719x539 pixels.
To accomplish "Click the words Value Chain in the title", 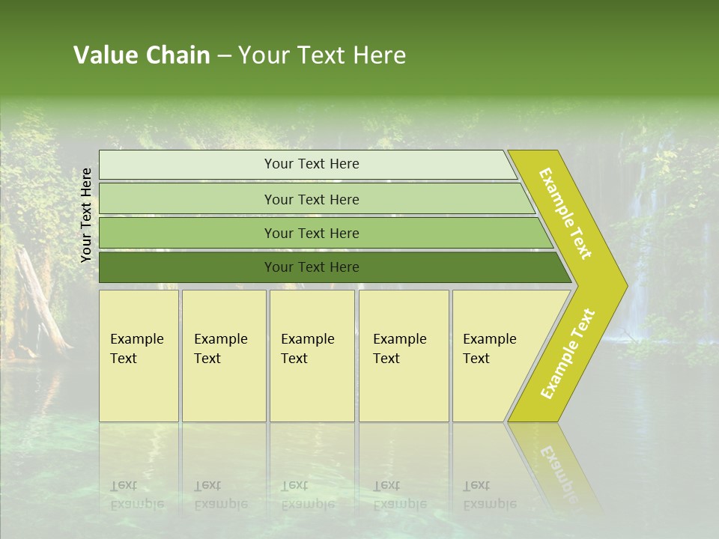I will tap(142, 55).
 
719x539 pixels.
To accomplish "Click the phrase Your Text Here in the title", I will tap(322, 55).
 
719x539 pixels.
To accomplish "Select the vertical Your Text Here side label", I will tap(86, 215).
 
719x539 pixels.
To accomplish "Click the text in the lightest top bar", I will tap(312, 164).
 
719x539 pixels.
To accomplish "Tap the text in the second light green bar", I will tap(312, 199).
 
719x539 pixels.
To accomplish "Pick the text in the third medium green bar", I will tap(312, 234).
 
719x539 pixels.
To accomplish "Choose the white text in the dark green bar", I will tap(312, 267).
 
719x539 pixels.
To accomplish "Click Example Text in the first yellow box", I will tap(136, 349).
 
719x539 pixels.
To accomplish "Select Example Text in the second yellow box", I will tap(220, 349).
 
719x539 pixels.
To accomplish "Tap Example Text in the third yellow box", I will tap(307, 349).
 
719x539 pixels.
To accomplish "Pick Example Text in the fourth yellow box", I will tap(399, 349).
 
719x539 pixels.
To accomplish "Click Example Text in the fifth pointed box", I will tap(489, 349).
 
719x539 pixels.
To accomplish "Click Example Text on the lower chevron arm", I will tap(568, 353).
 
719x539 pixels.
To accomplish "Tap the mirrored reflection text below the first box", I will tap(136, 495).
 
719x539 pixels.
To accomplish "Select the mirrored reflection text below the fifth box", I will tap(489, 495).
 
